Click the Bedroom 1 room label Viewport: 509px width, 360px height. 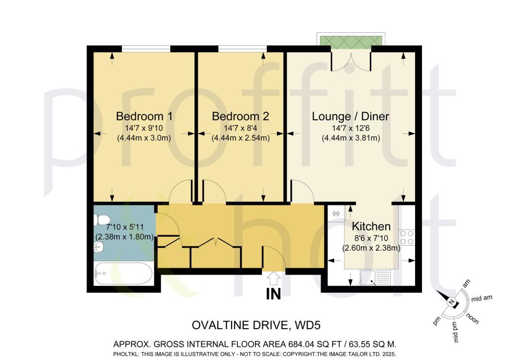144,116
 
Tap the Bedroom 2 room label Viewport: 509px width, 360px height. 241,116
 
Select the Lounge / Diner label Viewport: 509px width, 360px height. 350,116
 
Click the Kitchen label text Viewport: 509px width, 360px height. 371,227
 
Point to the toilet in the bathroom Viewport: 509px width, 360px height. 102,219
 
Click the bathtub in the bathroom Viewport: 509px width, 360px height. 124,273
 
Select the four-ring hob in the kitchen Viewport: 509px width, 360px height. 407,237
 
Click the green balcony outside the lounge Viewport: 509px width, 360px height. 351,40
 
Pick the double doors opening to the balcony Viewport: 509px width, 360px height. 351,60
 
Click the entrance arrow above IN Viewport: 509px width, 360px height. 273,277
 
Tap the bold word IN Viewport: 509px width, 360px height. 273,294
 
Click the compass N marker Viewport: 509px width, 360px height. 450,303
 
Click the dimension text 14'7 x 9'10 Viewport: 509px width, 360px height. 144,129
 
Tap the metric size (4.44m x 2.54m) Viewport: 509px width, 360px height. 241,138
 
